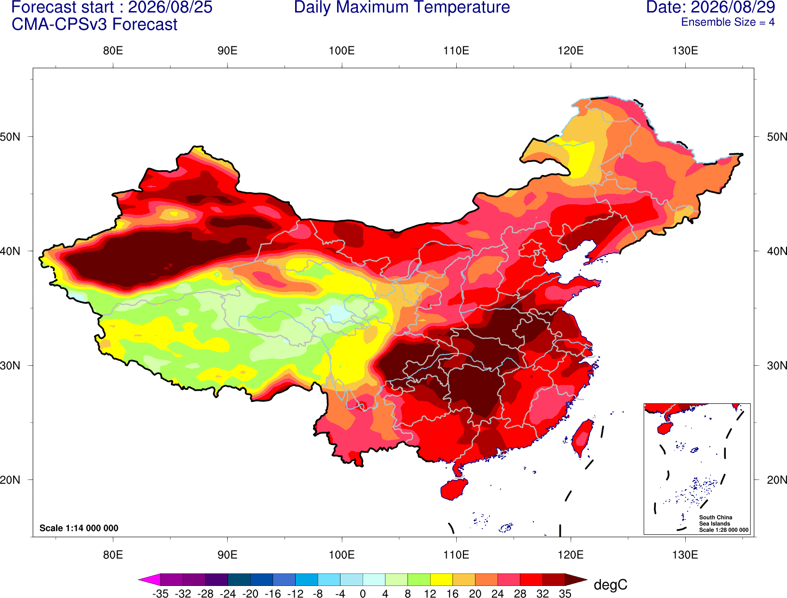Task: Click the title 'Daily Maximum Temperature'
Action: [x=402, y=7]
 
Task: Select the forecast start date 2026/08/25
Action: [x=170, y=7]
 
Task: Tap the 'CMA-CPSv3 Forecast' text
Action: [x=95, y=25]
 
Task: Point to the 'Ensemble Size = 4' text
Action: [x=728, y=22]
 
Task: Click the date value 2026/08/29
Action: [x=733, y=7]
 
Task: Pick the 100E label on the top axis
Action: [x=342, y=51]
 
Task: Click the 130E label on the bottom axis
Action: [x=685, y=555]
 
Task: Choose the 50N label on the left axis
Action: [x=10, y=136]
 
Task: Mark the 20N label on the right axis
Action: [x=776, y=480]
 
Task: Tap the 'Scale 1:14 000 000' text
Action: [x=79, y=528]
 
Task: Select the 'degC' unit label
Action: [x=611, y=585]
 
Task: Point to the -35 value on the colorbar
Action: [x=160, y=594]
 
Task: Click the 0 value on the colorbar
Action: [x=363, y=594]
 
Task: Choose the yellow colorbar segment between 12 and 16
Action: [x=441, y=579]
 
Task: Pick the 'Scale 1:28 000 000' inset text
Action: [x=724, y=530]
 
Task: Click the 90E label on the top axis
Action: [x=227, y=51]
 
